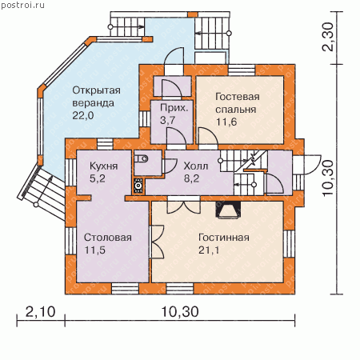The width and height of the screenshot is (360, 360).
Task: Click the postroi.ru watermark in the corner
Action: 22,6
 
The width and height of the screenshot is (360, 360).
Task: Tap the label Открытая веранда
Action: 96,97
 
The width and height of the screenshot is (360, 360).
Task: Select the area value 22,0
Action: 83,116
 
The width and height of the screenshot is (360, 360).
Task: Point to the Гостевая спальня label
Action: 238,103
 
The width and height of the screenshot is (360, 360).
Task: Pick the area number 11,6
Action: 226,122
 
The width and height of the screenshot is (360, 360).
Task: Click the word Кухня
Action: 103,166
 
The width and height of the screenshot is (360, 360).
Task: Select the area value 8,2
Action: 191,178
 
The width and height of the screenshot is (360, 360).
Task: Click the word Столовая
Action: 108,238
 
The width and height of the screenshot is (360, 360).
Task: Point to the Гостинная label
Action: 224,238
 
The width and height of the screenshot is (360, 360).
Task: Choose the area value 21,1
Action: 209,250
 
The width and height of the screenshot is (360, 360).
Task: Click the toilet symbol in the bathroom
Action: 141,159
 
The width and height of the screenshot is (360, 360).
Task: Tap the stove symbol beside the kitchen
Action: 138,185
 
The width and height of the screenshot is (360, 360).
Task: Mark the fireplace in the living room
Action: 228,210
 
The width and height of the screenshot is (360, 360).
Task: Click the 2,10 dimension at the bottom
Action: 41,311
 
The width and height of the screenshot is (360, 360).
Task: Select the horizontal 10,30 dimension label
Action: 180,311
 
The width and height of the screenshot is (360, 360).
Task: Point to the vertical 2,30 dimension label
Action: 328,36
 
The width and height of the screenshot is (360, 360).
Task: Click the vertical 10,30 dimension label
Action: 328,178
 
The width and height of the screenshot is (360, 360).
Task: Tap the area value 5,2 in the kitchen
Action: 98,178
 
